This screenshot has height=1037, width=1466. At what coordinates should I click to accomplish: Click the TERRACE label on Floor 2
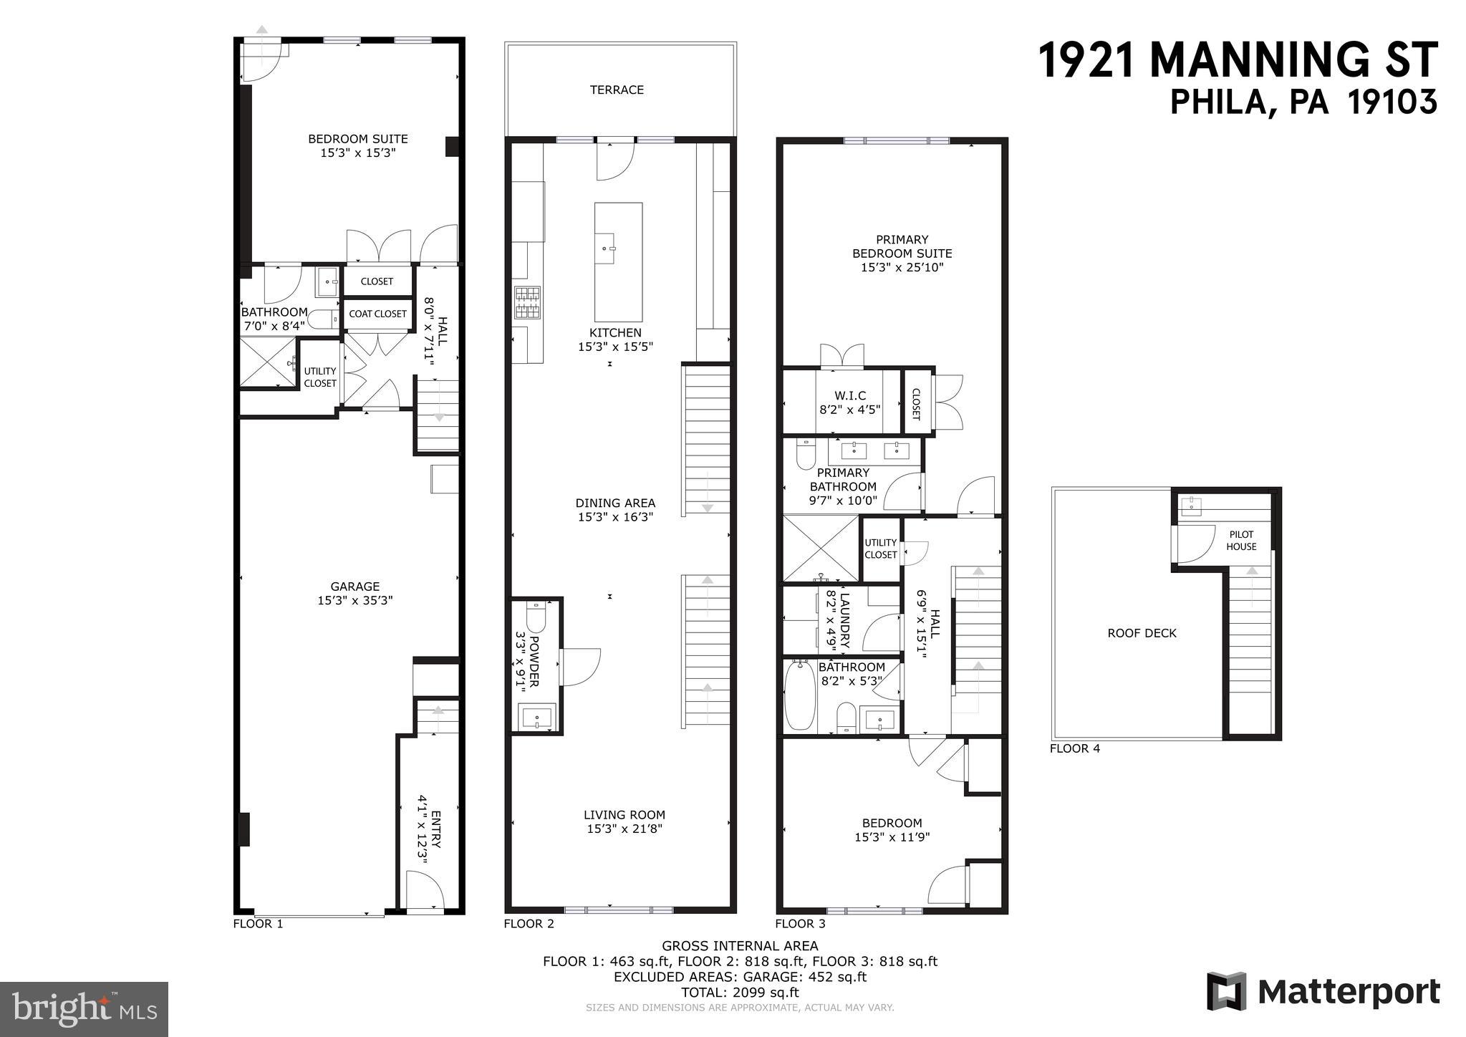(617, 90)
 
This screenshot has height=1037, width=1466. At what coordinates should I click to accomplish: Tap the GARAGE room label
(355, 587)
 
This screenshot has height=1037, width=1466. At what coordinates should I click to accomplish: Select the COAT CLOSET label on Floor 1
(377, 314)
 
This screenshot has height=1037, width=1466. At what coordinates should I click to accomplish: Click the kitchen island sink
(613, 249)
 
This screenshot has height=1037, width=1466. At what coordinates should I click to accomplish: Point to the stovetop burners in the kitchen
(527, 302)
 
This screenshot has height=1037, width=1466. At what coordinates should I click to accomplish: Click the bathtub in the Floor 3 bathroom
(799, 696)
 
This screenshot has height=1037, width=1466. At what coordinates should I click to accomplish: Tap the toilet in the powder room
(535, 614)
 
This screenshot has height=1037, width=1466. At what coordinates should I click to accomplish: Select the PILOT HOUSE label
(1241, 540)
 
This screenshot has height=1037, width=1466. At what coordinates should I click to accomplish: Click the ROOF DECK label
(1142, 633)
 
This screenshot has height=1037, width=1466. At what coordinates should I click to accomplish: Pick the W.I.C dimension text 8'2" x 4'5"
(850, 410)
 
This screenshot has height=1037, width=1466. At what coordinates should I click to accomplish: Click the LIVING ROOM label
(624, 814)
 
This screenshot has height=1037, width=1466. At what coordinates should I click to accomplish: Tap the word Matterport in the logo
(1349, 992)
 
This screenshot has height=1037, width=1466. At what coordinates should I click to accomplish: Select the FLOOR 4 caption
(1074, 749)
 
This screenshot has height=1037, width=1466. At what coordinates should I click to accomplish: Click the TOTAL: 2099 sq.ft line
(740, 993)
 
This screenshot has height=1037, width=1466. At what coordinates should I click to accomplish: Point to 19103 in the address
(1392, 102)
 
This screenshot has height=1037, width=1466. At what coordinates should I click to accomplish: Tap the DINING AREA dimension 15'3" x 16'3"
(615, 517)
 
